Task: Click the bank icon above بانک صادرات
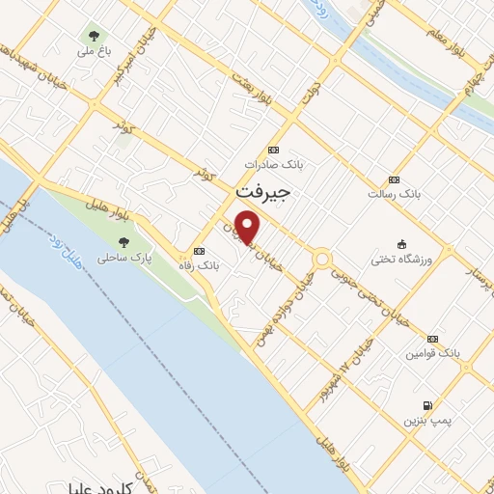273,150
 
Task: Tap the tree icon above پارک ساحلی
123,243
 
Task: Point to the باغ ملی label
93,46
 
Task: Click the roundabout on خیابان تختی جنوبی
321,259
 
